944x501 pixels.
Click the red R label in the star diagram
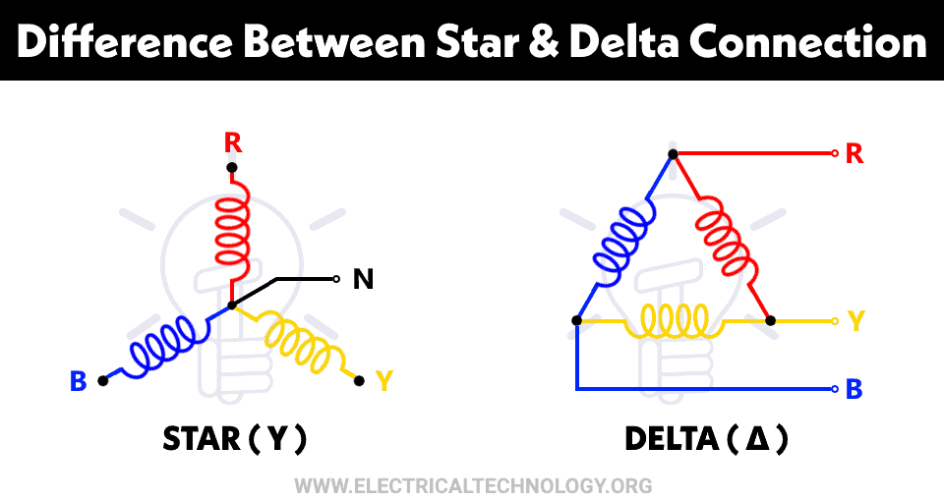coord(232,143)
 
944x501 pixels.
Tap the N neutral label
coord(363,280)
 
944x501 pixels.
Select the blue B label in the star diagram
coord(79,382)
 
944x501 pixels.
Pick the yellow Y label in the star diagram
coord(384,382)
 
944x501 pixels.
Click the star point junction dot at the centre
coord(232,306)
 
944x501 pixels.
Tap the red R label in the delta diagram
coord(855,154)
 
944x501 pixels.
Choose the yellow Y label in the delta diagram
coord(855,321)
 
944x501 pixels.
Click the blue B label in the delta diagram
coord(855,390)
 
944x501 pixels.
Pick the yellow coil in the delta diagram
coord(674,319)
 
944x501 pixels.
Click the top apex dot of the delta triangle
coord(674,154)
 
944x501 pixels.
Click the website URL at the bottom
coord(473,485)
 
